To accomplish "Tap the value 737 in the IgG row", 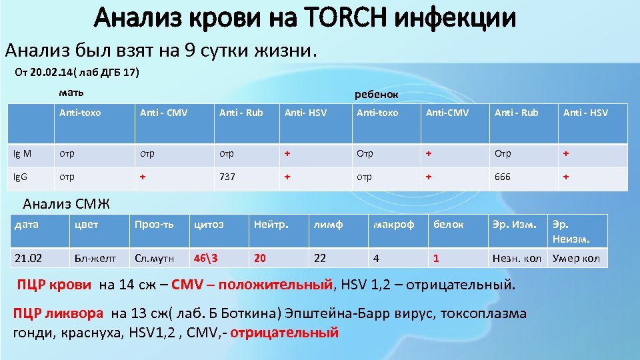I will (x=229, y=177).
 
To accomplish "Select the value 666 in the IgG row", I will (x=503, y=177).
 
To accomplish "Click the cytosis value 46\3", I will (x=205, y=258).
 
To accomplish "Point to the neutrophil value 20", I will (x=260, y=258).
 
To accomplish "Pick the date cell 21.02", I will (x=29, y=258).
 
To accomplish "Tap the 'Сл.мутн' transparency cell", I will (x=153, y=258).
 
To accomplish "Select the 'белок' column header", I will (x=448, y=225).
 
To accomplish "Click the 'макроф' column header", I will (x=394, y=225).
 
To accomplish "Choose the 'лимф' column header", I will (x=328, y=225).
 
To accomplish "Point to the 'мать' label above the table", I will (x=71, y=91).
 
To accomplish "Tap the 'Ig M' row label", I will (x=23, y=153).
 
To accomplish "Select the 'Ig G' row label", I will (x=23, y=177).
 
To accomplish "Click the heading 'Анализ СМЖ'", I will (x=66, y=203).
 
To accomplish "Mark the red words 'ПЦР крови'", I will (x=54, y=285).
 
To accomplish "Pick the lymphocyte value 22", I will (x=320, y=258).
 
